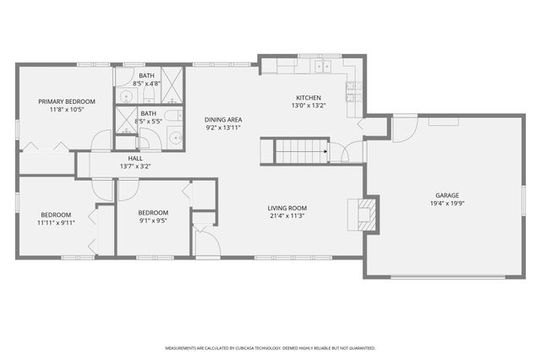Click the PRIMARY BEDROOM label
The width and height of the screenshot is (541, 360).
click(x=66, y=101)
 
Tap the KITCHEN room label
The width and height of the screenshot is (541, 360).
click(x=308, y=97)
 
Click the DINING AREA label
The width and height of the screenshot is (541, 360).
click(x=222, y=119)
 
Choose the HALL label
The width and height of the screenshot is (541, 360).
click(x=135, y=158)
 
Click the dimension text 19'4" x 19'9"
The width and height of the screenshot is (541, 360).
click(x=447, y=204)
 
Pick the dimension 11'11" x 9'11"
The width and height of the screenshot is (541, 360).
click(x=56, y=223)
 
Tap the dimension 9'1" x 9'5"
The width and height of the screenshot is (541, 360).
click(x=153, y=221)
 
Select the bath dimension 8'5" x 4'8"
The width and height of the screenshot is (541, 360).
click(x=147, y=84)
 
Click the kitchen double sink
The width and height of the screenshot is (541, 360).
click(x=322, y=66)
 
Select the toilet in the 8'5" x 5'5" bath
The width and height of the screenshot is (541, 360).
click(x=171, y=116)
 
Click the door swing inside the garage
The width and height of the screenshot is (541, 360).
click(x=404, y=128)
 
